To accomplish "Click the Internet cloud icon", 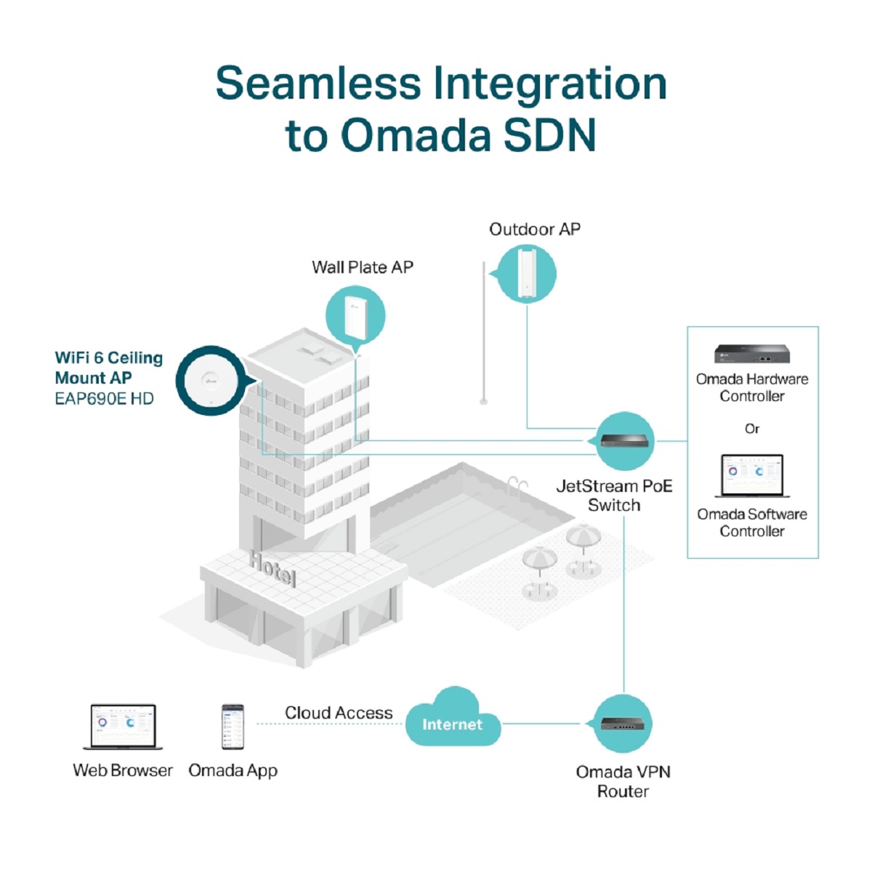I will coord(452,720).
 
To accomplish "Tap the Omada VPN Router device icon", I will coord(623,724).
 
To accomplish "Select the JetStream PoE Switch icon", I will coord(625,440).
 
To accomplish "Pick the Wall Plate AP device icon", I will coord(355,315).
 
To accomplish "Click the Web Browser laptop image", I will coord(123,726).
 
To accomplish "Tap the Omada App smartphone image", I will coord(233,726).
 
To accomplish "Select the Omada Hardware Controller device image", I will coord(751,354).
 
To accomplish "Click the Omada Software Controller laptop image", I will coord(752,476).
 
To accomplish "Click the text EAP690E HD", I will coord(104,399).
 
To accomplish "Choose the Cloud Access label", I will coord(339,713).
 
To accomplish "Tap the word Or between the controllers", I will coord(752,429).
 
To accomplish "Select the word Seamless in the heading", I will coord(318,83).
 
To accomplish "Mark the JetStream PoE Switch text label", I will coord(614,496).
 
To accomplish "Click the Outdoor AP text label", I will coord(535,230).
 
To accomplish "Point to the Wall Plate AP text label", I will coord(363,267).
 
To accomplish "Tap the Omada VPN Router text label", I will coord(623,781).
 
